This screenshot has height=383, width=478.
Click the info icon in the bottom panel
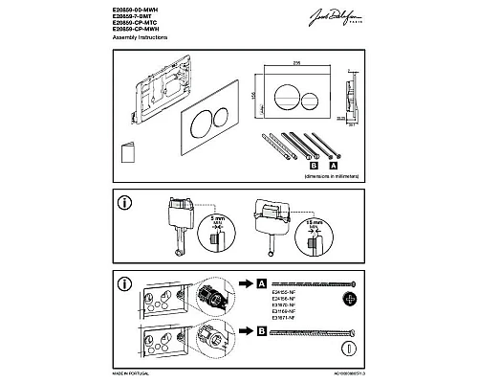122,284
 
